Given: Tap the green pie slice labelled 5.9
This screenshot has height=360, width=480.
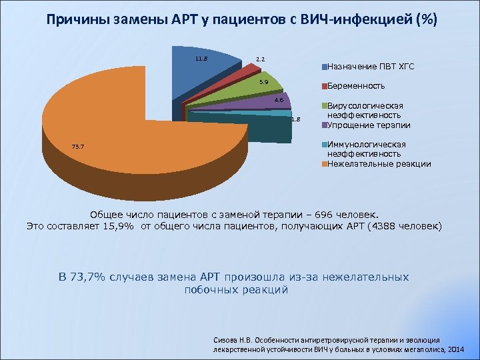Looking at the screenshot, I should (263, 90).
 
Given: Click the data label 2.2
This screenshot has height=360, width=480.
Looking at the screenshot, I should (261, 59).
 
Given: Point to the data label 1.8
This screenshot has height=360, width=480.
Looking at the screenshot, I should (297, 120).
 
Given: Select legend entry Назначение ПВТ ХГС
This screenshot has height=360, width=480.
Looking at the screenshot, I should (371, 67).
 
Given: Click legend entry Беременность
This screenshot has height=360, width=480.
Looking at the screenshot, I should (356, 86).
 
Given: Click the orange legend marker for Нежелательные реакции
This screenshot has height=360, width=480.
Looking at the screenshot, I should (324, 164).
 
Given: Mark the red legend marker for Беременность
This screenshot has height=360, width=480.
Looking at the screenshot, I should (324, 87).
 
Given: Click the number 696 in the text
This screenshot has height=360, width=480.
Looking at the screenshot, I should (311, 215).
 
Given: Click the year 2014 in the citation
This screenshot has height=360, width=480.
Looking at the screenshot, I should (456, 349).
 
